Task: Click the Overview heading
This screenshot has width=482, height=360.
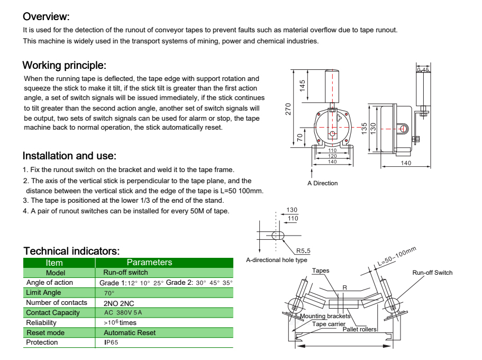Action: point(46,17)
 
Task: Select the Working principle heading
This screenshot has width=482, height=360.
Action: point(64,66)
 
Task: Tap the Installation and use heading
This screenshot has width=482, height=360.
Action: point(69,156)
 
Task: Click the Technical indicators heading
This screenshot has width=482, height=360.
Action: point(71,251)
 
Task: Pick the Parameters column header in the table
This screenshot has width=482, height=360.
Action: point(149,263)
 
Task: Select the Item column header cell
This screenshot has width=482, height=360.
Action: point(54,263)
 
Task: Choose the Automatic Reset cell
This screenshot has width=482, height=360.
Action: point(130,332)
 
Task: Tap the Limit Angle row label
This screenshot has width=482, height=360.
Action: point(43,293)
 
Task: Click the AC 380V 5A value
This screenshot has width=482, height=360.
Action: point(123,313)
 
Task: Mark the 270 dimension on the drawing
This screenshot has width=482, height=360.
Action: point(288,109)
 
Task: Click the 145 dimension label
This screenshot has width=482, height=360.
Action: point(303,86)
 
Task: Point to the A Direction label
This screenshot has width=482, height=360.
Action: point(322,183)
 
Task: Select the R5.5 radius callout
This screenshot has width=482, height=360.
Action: point(303,250)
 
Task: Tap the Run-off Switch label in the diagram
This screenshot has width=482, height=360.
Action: point(432,273)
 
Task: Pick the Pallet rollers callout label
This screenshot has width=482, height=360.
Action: point(359,329)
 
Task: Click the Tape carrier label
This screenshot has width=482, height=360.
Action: point(329,323)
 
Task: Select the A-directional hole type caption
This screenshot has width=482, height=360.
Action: point(277,260)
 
